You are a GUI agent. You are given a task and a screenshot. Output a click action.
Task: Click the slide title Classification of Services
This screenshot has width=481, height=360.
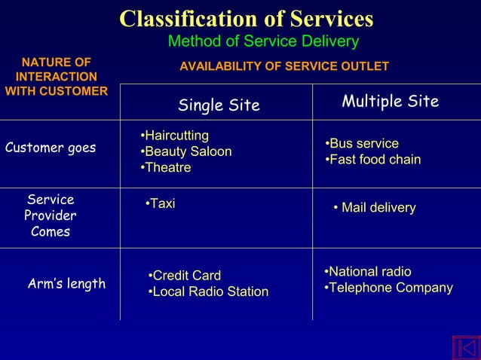coord(247,18)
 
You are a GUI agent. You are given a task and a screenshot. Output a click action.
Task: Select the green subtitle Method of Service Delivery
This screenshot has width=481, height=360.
coord(262,41)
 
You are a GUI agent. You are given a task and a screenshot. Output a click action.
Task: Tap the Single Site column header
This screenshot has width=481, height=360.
coord(219,105)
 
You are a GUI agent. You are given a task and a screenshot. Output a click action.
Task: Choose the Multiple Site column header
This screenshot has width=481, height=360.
coord(390,102)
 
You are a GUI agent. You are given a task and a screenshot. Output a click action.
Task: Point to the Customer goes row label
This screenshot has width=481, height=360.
coord(51,148)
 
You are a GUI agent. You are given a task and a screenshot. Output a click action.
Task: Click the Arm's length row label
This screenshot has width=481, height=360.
coord(66,284)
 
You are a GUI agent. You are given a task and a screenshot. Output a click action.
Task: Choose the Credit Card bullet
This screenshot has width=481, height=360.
coord(185,276)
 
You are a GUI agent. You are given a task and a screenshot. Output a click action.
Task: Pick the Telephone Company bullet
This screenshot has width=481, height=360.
coord(388,288)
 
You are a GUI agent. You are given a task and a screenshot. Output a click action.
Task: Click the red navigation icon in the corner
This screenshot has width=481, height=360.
coord(465,347)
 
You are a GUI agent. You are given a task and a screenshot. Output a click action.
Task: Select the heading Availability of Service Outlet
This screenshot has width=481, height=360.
coord(284,67)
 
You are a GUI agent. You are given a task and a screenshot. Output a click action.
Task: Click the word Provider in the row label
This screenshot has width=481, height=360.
coord(51,215)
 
